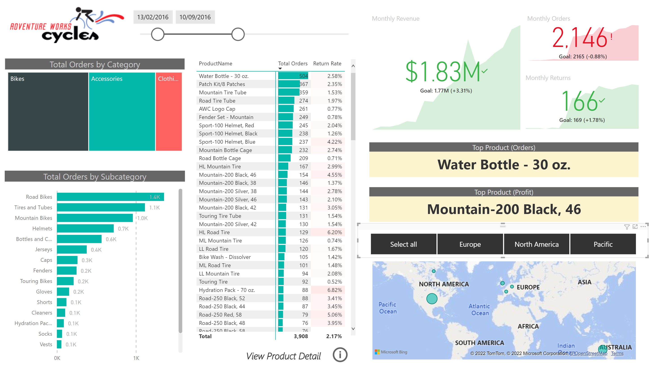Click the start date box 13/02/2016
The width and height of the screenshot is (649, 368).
(x=153, y=17)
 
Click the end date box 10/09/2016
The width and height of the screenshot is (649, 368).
(x=195, y=17)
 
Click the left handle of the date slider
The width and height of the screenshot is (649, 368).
(x=157, y=34)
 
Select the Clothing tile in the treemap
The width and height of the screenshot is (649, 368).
(x=169, y=111)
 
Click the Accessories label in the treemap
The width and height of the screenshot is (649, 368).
(x=107, y=79)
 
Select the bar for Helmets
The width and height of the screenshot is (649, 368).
(x=85, y=229)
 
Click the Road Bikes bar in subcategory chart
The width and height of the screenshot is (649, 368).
(x=110, y=197)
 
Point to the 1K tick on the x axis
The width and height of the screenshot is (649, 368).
(x=136, y=358)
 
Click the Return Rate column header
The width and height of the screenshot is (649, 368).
(x=327, y=64)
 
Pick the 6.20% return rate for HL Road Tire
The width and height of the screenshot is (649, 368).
(x=334, y=232)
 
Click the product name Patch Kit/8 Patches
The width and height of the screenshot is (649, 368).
(x=222, y=84)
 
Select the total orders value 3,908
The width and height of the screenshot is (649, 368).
(x=301, y=336)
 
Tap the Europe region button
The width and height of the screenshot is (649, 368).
(x=470, y=244)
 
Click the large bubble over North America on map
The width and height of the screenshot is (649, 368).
(x=432, y=298)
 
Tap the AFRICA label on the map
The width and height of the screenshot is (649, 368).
(x=528, y=326)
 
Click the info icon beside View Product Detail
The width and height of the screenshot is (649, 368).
(x=340, y=355)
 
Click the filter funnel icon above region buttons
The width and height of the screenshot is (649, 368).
(x=627, y=227)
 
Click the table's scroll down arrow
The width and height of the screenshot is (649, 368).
(x=353, y=328)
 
